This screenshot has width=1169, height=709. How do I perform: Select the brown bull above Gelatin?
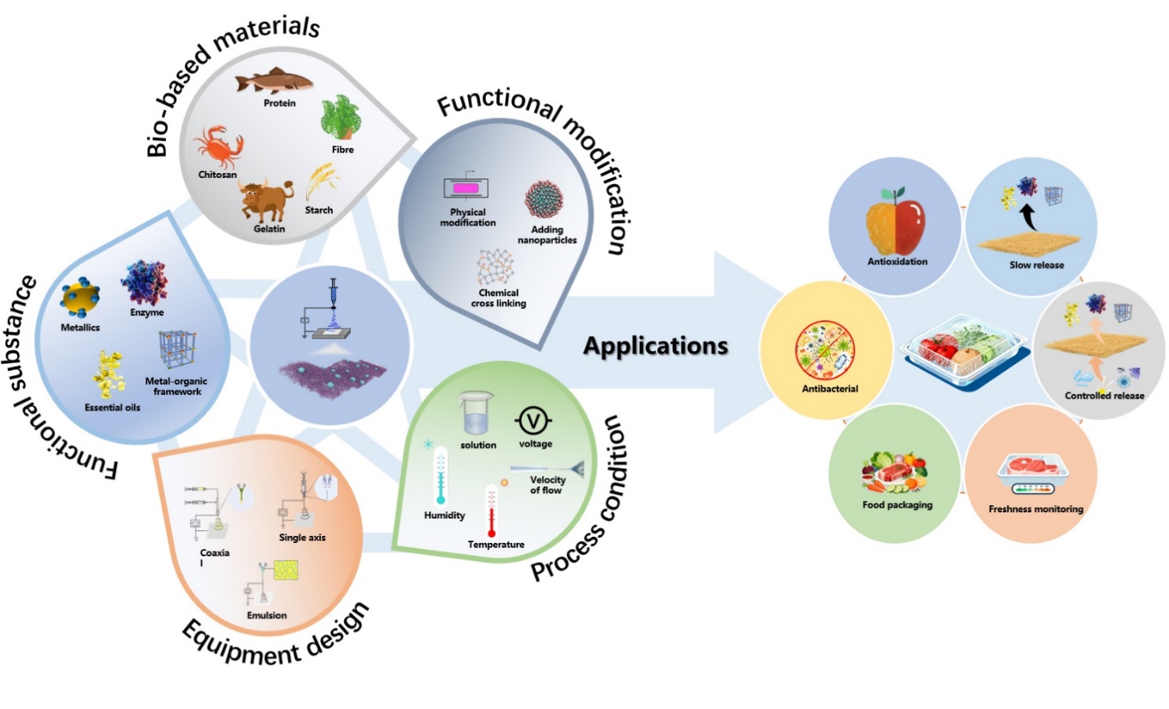pos(266,201)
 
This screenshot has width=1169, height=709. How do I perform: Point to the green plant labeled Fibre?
pos(340,118)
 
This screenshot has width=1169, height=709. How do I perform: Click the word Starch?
pos(319,210)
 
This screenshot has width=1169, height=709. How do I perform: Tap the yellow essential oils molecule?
pos(109,375)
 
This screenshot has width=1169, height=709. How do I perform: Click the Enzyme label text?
pos(147,312)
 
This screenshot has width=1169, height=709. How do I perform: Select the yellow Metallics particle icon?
pos(80,297)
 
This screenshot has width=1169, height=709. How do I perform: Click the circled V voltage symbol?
pos(533,422)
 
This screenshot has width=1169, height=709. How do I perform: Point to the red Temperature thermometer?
pos(492,511)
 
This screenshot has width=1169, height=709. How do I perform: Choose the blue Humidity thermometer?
pos(441,475)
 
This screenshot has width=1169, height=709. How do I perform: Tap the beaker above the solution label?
pos(477,415)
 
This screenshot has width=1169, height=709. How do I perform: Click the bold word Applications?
pos(655,345)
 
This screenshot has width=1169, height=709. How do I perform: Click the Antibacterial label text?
pos(829,389)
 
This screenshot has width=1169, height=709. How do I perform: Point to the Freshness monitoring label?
pos(1035,509)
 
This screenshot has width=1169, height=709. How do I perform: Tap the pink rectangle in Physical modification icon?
pos(465,189)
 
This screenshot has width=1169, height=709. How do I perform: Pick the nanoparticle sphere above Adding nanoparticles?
pos(544,199)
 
